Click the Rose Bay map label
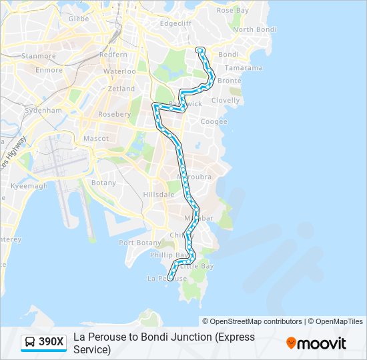pyautogui.click(x=233, y=11)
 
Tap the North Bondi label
pyautogui.click(x=253, y=30)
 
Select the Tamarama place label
pyautogui.click(x=243, y=68)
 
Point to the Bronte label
pyautogui.click(x=229, y=81)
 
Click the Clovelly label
pyautogui.click(x=225, y=101)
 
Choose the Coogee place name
pyautogui.click(x=214, y=122)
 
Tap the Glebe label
pyautogui.click(x=79, y=19)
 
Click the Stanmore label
pyautogui.click(x=39, y=57)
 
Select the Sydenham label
pyautogui.click(x=46, y=111)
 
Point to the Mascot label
pyautogui.click(x=95, y=139)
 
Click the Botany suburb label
pyautogui.click(x=103, y=183)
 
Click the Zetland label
pyautogui.click(x=121, y=89)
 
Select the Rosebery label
pyautogui.click(x=114, y=114)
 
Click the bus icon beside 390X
pyautogui.click(x=29, y=343)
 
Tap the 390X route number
pyautogui.click(x=51, y=343)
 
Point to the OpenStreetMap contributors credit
pyautogui.click(x=256, y=321)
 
